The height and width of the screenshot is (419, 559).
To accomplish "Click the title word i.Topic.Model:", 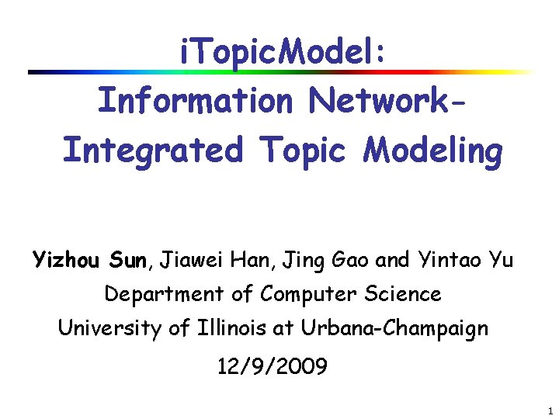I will tap(281, 55).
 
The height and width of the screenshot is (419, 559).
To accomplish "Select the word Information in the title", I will tap(195, 102).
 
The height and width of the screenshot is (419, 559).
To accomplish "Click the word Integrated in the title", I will tap(152, 150).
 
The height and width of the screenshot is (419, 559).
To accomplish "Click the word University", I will tap(109, 328).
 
